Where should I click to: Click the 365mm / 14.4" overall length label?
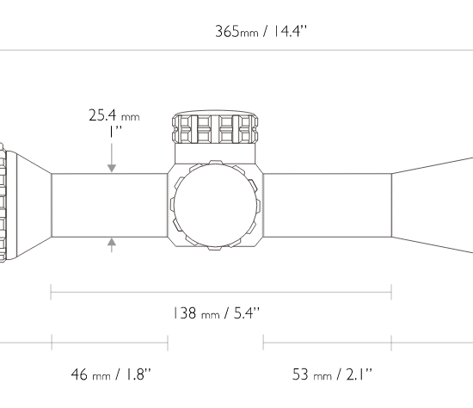tap(261, 31)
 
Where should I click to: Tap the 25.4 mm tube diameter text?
tap(114, 115)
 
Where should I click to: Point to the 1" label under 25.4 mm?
tap(115, 132)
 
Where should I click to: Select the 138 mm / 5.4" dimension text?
tap(216, 313)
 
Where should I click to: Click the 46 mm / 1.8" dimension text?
tap(111, 374)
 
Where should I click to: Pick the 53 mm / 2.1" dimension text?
tap(332, 374)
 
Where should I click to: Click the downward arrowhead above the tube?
tap(112, 168)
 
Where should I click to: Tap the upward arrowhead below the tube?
tap(112, 242)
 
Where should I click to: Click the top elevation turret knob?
tap(215, 127)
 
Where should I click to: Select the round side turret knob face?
tap(215, 206)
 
